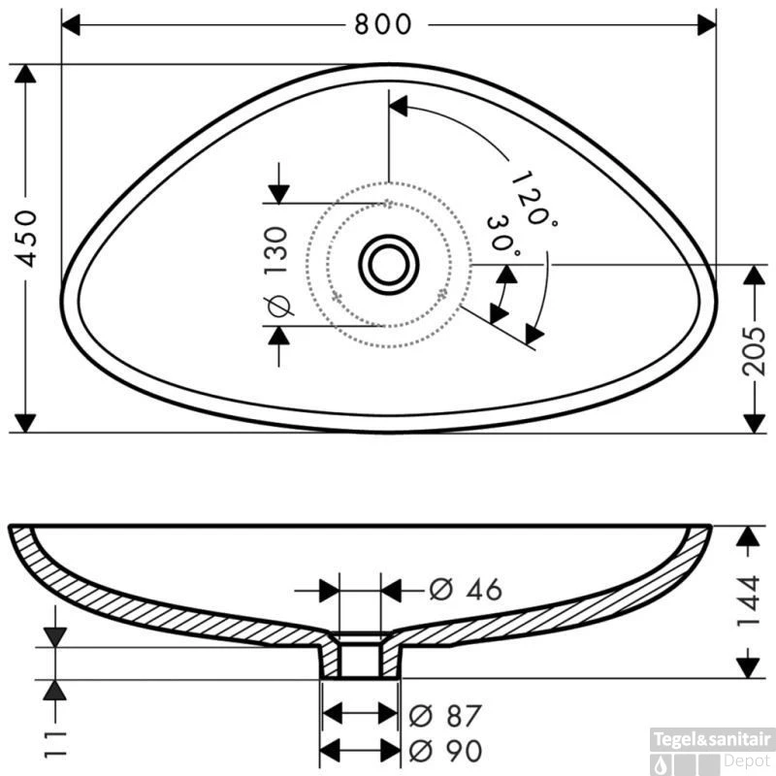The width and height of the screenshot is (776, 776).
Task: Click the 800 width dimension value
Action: pos(382,24)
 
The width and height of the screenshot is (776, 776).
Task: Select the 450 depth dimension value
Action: pos(25,239)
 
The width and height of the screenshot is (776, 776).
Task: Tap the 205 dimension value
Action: pos(754,351)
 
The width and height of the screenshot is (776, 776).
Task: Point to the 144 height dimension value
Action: pos(748,600)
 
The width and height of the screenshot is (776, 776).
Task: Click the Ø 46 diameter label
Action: pos(466,590)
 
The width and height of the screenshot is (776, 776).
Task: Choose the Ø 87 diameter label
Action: pos(445,716)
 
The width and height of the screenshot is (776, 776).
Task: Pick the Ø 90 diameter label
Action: pos(445,751)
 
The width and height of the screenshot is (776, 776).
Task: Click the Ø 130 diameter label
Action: pos(277,272)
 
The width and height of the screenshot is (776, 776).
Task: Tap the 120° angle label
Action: pos(533,199)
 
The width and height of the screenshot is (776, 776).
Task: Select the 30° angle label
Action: pos(503,235)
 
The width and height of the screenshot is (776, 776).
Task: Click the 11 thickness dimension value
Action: pos(55,743)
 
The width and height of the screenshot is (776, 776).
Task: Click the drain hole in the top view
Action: pos(389,265)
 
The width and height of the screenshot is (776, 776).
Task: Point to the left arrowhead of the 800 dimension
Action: pos(70,25)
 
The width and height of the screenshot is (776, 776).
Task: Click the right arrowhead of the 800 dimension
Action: pos(707,25)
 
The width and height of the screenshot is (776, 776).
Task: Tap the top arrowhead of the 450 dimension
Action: pos(25,74)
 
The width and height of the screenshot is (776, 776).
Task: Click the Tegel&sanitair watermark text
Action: pos(712,739)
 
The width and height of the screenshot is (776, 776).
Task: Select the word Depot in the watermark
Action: pos(747,760)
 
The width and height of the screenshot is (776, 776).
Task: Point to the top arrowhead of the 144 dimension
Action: pos(748,535)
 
